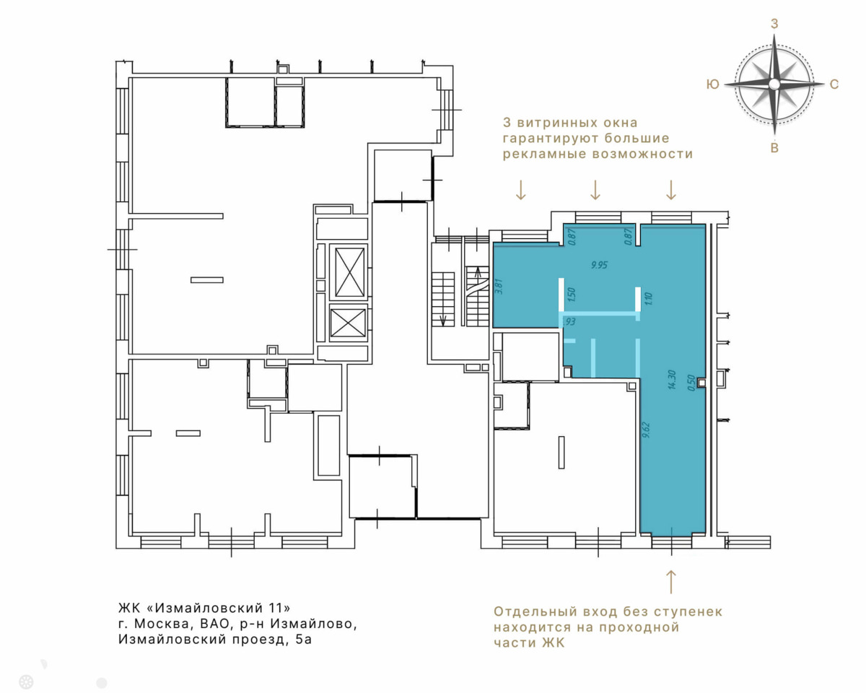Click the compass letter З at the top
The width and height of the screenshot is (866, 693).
coord(774,24)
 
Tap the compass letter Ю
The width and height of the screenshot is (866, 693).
coord(713,84)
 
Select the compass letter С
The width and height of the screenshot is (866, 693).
coord(834,84)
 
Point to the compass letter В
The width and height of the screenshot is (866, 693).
coord(774,148)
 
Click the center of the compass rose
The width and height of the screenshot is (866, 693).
coord(774,84)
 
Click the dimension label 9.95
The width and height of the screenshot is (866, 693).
coord(599,265)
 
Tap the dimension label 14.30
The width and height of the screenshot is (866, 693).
coord(671,380)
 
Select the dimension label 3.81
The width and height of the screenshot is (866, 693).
coord(499,287)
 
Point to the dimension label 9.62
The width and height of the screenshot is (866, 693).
coord(647,430)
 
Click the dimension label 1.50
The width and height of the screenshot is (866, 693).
coord(571,295)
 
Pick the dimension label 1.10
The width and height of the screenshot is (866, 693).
coord(648,298)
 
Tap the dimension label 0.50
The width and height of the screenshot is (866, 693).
coord(691,383)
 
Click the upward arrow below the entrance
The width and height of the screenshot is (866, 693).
coord(671,581)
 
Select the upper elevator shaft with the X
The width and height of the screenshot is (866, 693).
coord(350,272)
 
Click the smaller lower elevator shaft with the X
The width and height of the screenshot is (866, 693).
coord(348,323)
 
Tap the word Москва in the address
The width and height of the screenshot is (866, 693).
coord(161,624)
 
